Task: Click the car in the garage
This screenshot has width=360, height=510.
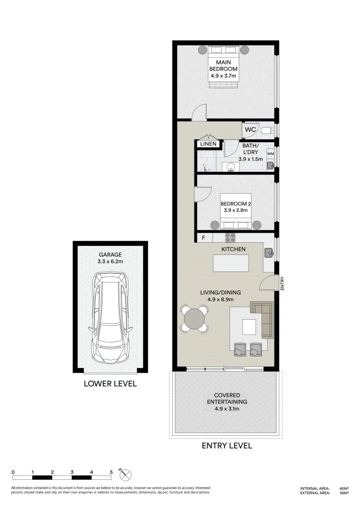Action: pos(110,317)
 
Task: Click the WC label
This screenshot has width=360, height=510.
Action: pos(250,129)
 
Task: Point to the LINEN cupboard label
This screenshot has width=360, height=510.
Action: pos(208,144)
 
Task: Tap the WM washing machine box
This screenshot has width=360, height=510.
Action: pos(270,154)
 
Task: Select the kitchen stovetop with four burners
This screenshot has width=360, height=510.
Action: pos(230,238)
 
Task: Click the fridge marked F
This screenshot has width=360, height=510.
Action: pos(203,238)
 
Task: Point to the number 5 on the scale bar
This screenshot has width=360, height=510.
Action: pos(111,472)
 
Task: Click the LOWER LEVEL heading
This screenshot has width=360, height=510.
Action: pos(110,383)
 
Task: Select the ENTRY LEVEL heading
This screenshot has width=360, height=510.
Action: pos(226,445)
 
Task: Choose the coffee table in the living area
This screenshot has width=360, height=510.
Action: pos(249,327)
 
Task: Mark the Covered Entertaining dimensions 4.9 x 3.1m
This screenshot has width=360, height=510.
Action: pos(226,409)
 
